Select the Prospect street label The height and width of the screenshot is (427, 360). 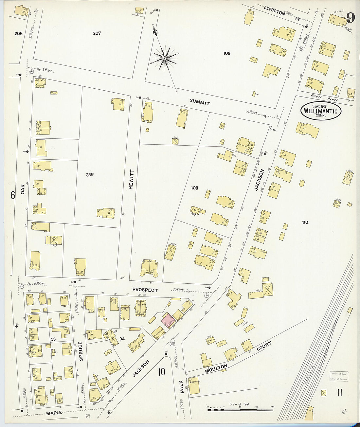click(x=145, y=290)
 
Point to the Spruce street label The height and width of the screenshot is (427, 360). click(x=81, y=351)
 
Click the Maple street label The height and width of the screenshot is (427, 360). click(x=54, y=413)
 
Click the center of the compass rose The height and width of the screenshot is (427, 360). click(x=165, y=58)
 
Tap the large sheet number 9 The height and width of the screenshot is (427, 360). click(x=350, y=18)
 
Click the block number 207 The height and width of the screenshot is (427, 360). click(x=97, y=33)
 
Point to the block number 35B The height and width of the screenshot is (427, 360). click(x=90, y=175)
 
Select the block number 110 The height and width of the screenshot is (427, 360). click(x=305, y=222)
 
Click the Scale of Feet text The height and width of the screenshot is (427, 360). click(x=240, y=404)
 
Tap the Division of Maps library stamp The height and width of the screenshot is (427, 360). click(x=338, y=376)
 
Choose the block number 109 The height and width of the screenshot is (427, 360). click(x=226, y=53)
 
